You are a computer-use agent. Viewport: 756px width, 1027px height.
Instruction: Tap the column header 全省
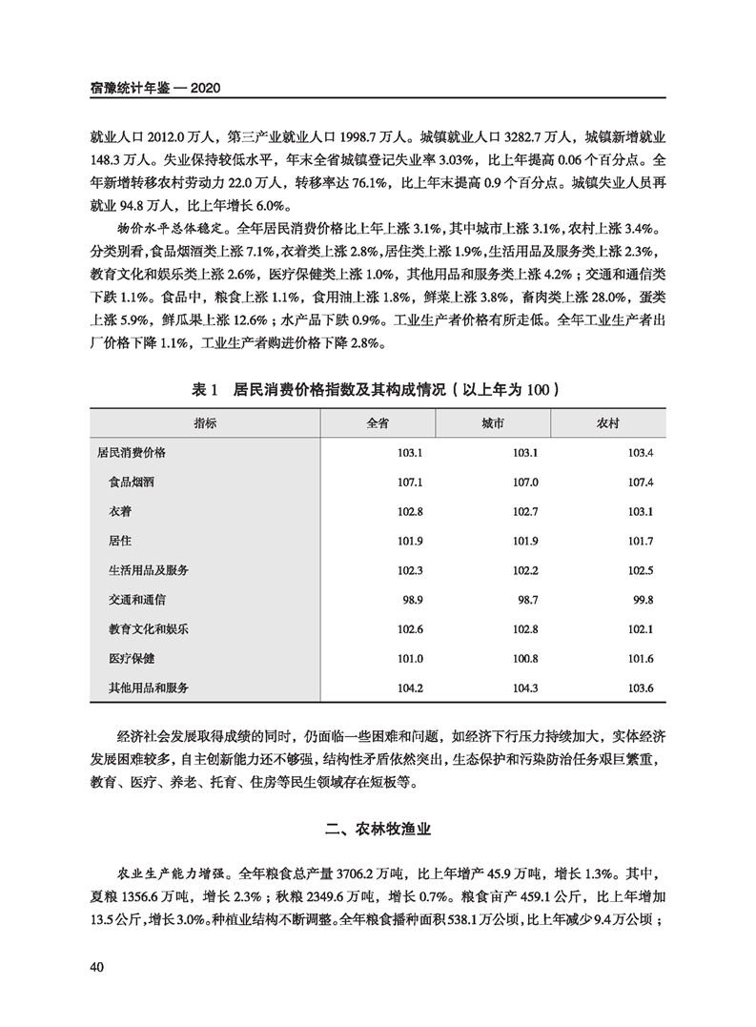[x=378, y=421]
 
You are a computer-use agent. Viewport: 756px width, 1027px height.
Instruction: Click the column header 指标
[x=205, y=421]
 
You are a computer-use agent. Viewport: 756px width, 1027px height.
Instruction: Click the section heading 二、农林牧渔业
[x=378, y=830]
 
